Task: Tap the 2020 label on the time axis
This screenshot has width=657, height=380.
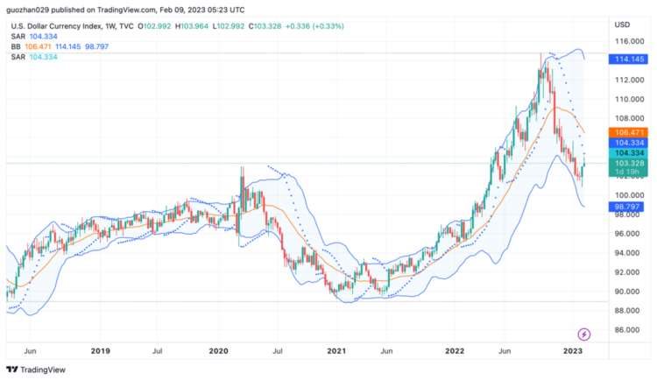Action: click(219, 350)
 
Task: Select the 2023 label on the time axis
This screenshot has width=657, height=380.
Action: click(573, 350)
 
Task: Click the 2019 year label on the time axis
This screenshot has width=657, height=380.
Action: click(101, 350)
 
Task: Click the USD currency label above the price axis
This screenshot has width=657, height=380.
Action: click(623, 24)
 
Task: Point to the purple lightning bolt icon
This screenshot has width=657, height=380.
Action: click(584, 334)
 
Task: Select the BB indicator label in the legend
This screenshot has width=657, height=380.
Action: click(16, 46)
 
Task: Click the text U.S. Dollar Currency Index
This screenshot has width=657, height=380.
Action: click(57, 26)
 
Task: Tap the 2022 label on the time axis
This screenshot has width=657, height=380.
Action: click(455, 350)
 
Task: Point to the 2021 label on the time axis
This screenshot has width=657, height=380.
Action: click(336, 350)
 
